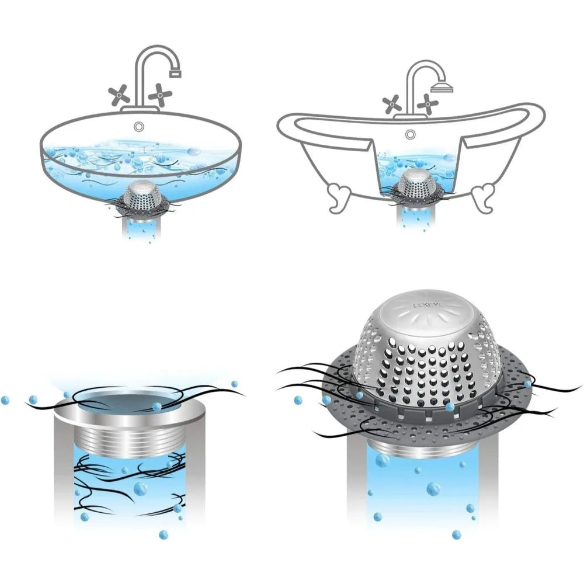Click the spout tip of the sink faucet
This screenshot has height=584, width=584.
pyautogui.click(x=174, y=74)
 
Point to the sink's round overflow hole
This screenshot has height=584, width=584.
pyautogui.click(x=138, y=126)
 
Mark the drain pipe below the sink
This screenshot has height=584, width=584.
pyautogui.click(x=140, y=228)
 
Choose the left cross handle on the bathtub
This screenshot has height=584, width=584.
pyautogui.click(x=391, y=104)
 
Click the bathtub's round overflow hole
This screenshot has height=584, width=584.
pyautogui.click(x=411, y=134)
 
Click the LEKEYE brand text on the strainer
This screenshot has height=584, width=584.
pyautogui.click(x=428, y=305)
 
